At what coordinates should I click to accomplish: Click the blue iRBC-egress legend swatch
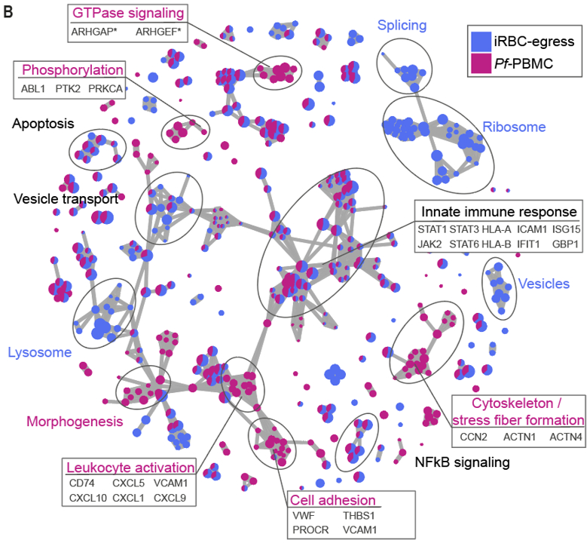click(x=481, y=41)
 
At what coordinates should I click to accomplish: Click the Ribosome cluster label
click(x=513, y=127)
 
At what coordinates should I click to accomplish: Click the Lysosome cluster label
click(x=39, y=352)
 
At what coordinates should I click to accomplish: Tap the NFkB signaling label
click(x=463, y=461)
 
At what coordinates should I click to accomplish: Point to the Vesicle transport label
click(x=66, y=199)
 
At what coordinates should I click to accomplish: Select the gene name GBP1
click(x=564, y=243)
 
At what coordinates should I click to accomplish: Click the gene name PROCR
click(x=307, y=530)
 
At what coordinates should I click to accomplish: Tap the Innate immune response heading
click(x=498, y=210)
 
